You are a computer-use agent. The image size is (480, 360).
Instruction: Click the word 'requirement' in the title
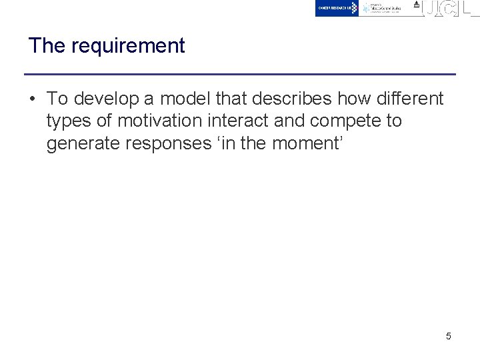point(128,47)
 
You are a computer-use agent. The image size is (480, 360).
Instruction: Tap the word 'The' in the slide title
point(47,46)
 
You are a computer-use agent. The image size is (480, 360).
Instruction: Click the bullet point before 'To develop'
point(32,99)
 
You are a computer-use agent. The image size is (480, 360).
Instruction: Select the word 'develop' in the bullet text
point(106,99)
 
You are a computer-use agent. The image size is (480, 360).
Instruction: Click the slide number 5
point(448,336)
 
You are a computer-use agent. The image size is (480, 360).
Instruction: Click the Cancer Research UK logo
point(337,8)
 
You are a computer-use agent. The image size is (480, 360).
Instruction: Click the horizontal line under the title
point(240,74)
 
